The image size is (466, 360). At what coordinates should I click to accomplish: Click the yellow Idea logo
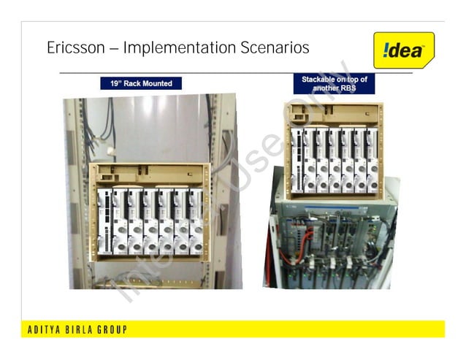pyautogui.click(x=402, y=50)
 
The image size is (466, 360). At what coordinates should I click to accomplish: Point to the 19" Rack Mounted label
pyautogui.click(x=141, y=83)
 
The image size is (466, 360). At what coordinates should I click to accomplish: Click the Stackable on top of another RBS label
pyautogui.click(x=334, y=83)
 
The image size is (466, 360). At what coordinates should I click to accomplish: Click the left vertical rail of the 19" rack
pyautogui.click(x=74, y=197)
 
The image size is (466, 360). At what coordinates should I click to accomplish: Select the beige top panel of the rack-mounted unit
pyautogui.click(x=150, y=175)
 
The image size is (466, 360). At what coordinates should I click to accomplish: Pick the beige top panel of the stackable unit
pyautogui.click(x=335, y=113)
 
